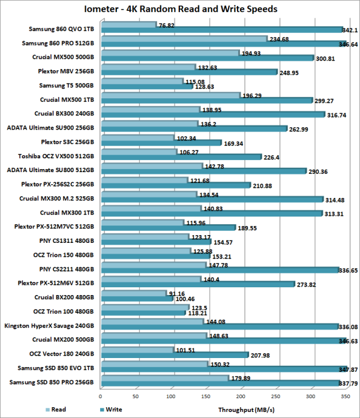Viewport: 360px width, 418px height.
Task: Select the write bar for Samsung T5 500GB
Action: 146,87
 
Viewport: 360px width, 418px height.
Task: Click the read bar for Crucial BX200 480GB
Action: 133,293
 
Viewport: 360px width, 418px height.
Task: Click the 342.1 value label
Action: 350,29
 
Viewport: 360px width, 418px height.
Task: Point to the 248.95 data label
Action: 289,72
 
